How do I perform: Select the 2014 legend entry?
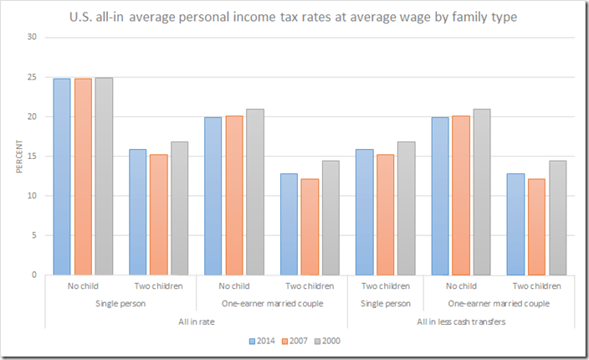(263, 341)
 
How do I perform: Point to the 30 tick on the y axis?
(32, 37)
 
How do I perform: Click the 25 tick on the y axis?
(32, 77)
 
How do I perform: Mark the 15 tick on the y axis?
(32, 157)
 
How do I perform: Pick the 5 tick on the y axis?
(33, 235)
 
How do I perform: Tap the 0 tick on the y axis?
(33, 275)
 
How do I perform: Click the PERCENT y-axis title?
(19, 157)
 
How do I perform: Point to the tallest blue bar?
(61, 176)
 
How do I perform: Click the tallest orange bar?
(82, 176)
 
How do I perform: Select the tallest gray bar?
(103, 176)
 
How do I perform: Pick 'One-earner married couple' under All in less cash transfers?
(499, 303)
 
